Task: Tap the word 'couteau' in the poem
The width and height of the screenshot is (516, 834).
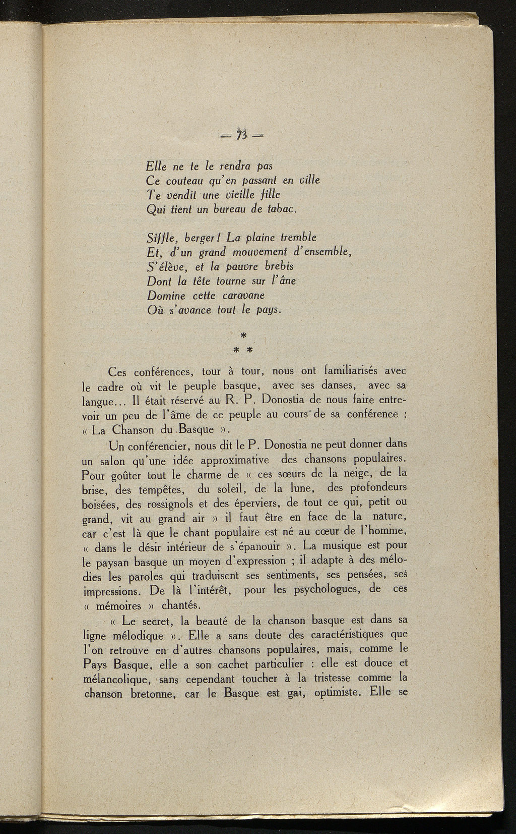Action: pos(185,180)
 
